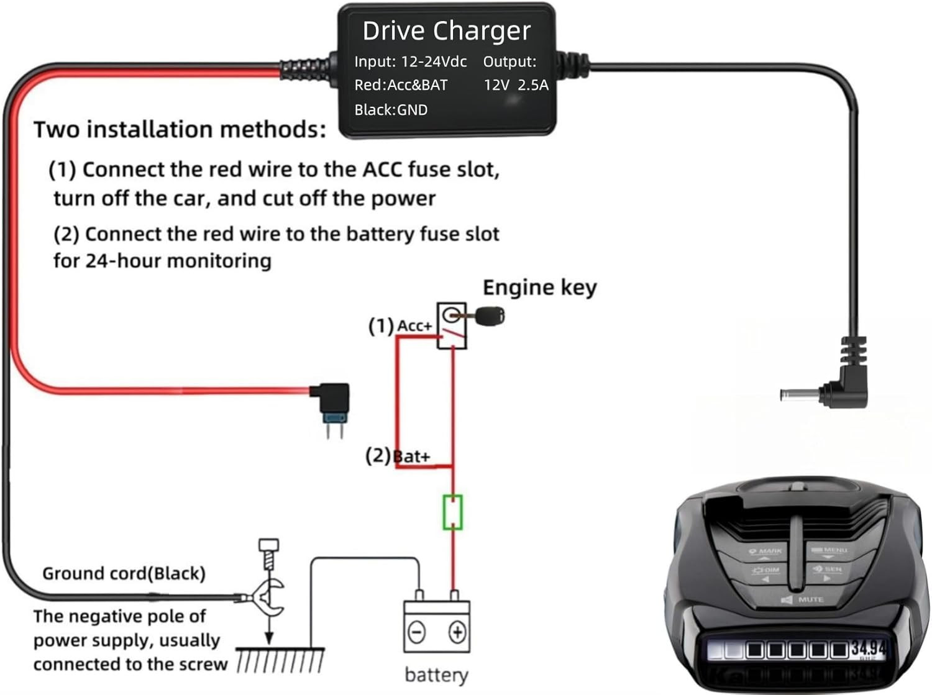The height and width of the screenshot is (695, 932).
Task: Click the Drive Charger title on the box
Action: (x=446, y=31)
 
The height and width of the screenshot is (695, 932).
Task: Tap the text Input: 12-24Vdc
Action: (x=410, y=61)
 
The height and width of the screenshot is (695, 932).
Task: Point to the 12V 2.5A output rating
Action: (x=516, y=85)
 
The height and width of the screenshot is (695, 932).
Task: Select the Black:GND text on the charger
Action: (x=391, y=110)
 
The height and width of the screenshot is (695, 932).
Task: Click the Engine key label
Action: (x=539, y=288)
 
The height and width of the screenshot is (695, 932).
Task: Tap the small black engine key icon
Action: (x=490, y=317)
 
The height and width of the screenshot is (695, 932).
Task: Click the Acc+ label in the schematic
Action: (x=414, y=326)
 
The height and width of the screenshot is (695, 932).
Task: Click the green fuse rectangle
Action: (x=452, y=512)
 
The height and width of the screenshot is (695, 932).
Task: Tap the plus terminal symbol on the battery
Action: (x=457, y=633)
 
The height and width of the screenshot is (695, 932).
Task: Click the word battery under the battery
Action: (x=436, y=675)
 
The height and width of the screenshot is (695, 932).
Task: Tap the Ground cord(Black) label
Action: (x=124, y=573)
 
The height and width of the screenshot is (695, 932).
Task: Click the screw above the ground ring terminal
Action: (x=268, y=553)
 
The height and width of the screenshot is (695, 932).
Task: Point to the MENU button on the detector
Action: (x=829, y=551)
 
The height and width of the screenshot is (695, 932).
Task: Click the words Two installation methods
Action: (x=180, y=130)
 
